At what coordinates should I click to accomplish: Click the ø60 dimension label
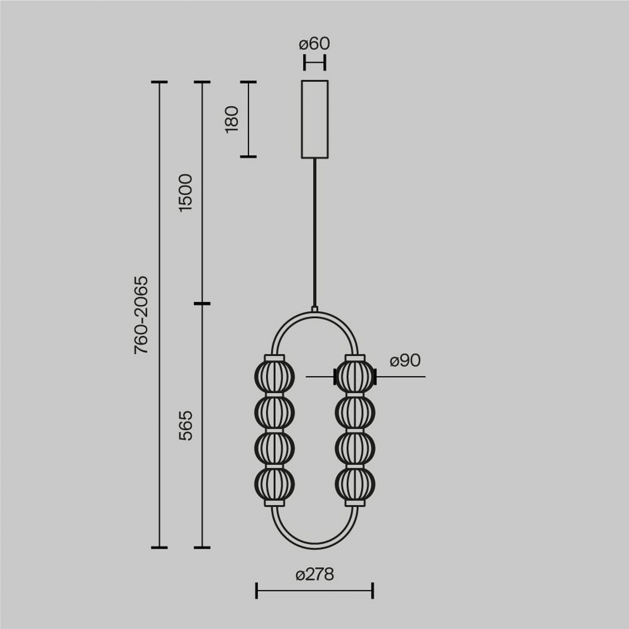(314, 44)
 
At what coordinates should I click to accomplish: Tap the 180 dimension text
(232, 119)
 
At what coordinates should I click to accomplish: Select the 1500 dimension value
(185, 193)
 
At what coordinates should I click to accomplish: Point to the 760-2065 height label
(141, 315)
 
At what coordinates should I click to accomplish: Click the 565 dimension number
(185, 425)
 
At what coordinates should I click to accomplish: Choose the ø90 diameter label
(405, 360)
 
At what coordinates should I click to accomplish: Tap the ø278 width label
(314, 574)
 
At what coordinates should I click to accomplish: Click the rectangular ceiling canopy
(314, 119)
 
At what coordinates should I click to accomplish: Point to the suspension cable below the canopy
(314, 232)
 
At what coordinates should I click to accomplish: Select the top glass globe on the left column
(274, 377)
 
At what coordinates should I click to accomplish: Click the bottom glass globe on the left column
(274, 484)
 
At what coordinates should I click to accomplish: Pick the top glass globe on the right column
(355, 377)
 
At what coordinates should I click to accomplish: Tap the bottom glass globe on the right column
(355, 484)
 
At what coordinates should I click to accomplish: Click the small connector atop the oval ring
(314, 309)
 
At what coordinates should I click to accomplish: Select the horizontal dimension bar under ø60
(314, 63)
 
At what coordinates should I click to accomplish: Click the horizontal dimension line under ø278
(314, 590)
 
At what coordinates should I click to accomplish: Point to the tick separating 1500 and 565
(202, 303)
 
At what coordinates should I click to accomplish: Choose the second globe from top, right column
(355, 412)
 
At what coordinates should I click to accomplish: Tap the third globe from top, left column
(274, 448)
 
